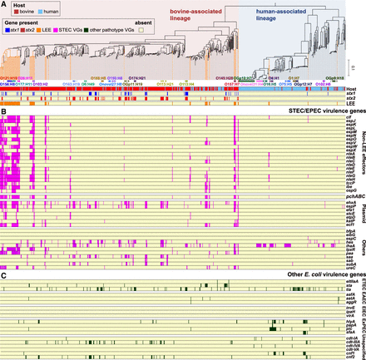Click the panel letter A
[x=4, y=4]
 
